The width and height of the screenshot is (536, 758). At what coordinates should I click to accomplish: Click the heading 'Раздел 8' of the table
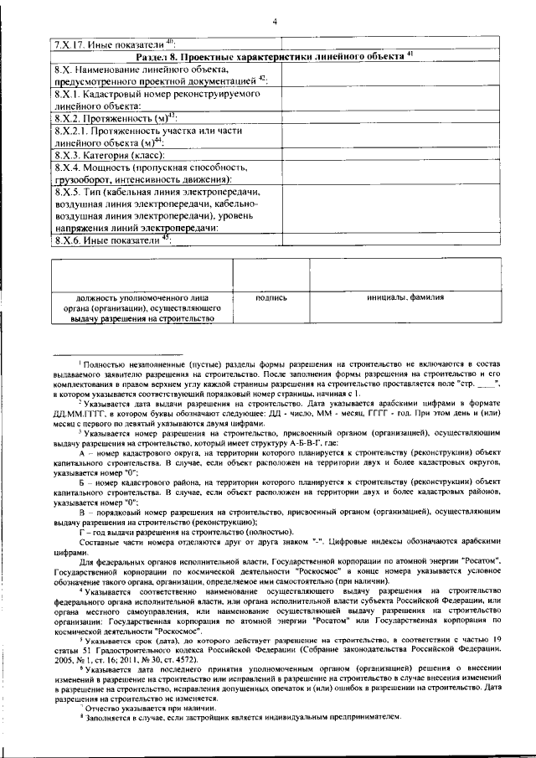tap(275, 57)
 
